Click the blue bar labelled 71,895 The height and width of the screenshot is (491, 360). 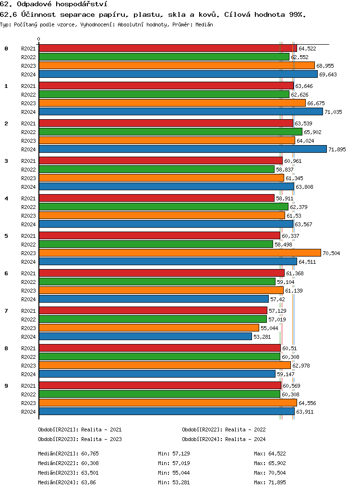coord(182,149)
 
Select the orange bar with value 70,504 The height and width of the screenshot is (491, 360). coord(180,253)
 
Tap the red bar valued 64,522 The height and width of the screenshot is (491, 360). coord(168,49)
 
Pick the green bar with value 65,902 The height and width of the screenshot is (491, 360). coord(170,132)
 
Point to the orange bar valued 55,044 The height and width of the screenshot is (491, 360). coord(149,328)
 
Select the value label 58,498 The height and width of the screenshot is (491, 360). coord(283,245)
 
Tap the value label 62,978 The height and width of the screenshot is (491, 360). coord(301,366)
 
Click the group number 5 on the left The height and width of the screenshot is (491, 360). coord(6,236)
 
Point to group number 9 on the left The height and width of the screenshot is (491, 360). coord(6,386)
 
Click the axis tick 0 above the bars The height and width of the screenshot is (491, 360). coord(39,39)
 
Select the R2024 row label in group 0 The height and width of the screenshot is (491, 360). coord(28,74)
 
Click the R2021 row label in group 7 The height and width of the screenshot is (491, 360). coord(28,311)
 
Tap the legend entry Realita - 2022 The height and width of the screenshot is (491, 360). coord(224,430)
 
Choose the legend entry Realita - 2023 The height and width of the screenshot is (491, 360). coord(80,439)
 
